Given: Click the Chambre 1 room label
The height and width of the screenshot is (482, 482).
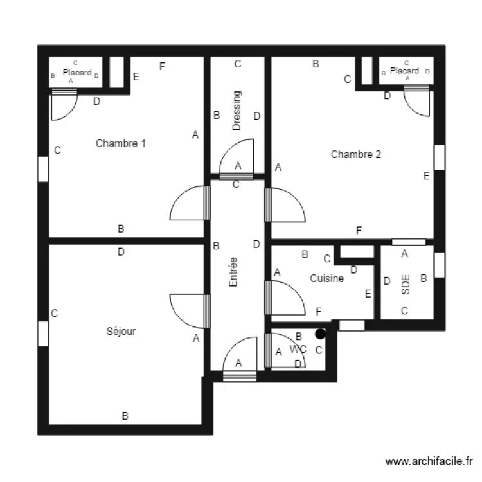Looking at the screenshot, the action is click(121, 143).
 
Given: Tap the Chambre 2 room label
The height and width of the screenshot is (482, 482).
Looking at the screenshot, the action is click(355, 154).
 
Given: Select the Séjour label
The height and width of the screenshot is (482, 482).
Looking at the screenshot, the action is click(121, 332).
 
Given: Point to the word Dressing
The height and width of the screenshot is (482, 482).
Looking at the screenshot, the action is click(237, 111).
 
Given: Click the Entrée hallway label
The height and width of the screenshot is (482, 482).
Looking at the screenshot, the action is click(233, 272).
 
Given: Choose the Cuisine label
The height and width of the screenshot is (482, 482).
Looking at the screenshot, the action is click(326, 278).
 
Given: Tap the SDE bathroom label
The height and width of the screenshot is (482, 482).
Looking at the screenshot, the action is click(406, 285).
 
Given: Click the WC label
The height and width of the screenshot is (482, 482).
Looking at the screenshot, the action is click(298, 349).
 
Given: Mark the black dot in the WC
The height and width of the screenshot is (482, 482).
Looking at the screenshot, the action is click(320, 334).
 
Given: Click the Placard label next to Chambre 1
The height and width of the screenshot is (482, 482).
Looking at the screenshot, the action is click(77, 73).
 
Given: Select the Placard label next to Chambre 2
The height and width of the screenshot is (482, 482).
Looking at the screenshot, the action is click(404, 71).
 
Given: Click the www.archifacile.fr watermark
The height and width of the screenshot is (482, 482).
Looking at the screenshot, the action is click(429, 461).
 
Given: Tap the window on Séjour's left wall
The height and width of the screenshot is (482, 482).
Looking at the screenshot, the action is click(43, 334).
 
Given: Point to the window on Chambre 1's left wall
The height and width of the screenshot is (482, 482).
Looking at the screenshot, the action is click(43, 169).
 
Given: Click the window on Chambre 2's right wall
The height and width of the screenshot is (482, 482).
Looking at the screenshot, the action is click(440, 157).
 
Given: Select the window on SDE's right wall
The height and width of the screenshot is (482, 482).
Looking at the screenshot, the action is click(440, 265).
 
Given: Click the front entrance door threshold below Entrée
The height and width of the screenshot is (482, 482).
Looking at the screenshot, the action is click(240, 376).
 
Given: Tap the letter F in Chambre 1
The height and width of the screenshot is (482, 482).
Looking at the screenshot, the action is click(163, 66).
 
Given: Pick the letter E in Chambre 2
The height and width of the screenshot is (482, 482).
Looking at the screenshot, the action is click(427, 176).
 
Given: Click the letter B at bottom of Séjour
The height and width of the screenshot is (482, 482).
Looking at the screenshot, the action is click(125, 416).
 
